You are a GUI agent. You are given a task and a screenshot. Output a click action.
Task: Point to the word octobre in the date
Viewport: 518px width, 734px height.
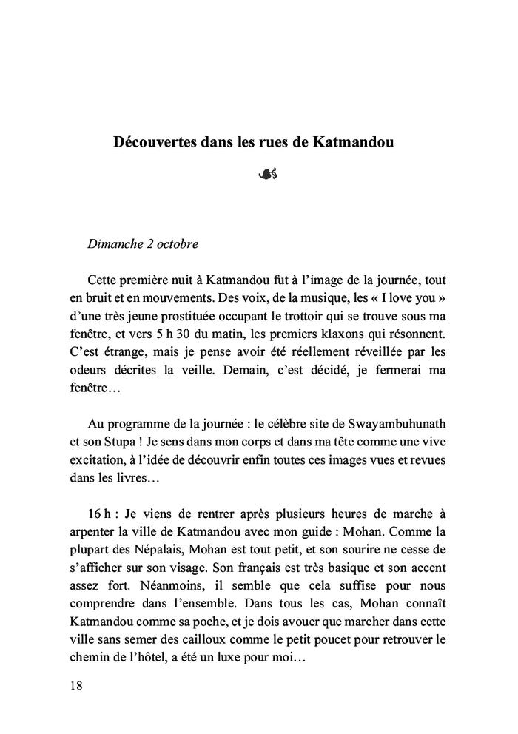[178, 243]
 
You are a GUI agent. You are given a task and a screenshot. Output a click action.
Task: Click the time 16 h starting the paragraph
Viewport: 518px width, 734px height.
[98, 514]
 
